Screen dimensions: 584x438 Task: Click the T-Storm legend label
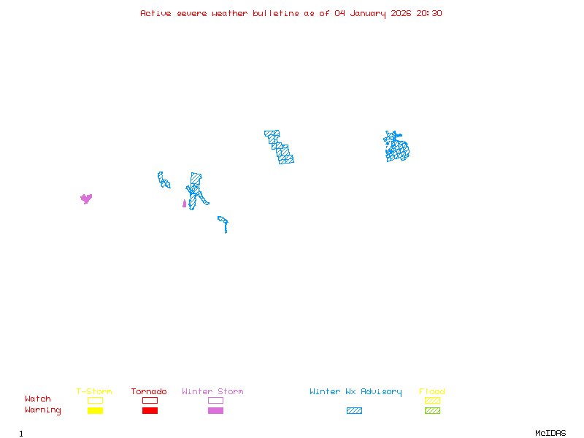coord(94,391)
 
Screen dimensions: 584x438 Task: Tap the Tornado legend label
coord(149,391)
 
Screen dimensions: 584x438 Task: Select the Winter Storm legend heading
coord(212,391)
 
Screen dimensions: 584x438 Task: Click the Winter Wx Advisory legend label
coord(356,391)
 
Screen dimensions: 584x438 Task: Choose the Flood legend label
coord(432,391)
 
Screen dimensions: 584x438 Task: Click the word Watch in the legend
coord(38,399)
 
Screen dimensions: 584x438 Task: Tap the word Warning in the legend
coord(43,410)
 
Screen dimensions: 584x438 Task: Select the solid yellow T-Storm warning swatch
coord(95,410)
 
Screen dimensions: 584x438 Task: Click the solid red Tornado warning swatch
coord(150,410)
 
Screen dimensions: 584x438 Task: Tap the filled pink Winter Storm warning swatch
coord(215,410)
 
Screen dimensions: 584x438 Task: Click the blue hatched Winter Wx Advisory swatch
coord(354,410)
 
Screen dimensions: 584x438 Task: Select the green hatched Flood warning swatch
coord(432,410)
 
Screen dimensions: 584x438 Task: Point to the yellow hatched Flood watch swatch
coord(432,400)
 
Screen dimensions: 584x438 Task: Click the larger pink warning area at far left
coord(86,198)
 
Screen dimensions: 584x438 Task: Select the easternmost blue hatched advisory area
coord(396,148)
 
